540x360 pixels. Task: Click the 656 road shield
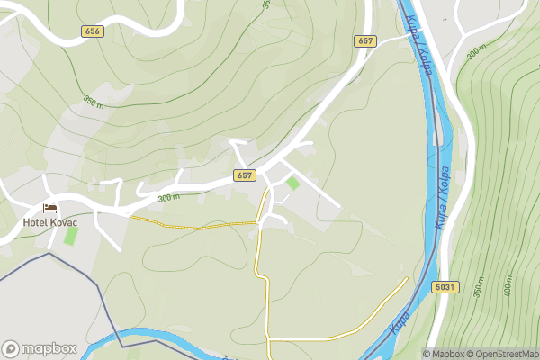[93, 31]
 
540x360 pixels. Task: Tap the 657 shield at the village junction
[245, 175]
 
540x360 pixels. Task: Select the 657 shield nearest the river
[364, 40]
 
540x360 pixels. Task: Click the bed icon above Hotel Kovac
[49, 209]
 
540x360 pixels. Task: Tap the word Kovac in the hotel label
[64, 222]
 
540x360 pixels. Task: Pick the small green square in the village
[293, 183]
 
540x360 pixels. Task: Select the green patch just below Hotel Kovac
[71, 238]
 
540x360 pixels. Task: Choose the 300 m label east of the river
[476, 52]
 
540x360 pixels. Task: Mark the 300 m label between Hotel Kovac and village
[168, 197]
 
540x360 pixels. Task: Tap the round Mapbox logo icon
[12, 349]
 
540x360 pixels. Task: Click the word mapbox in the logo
[49, 349]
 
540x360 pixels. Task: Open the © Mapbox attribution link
[446, 354]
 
